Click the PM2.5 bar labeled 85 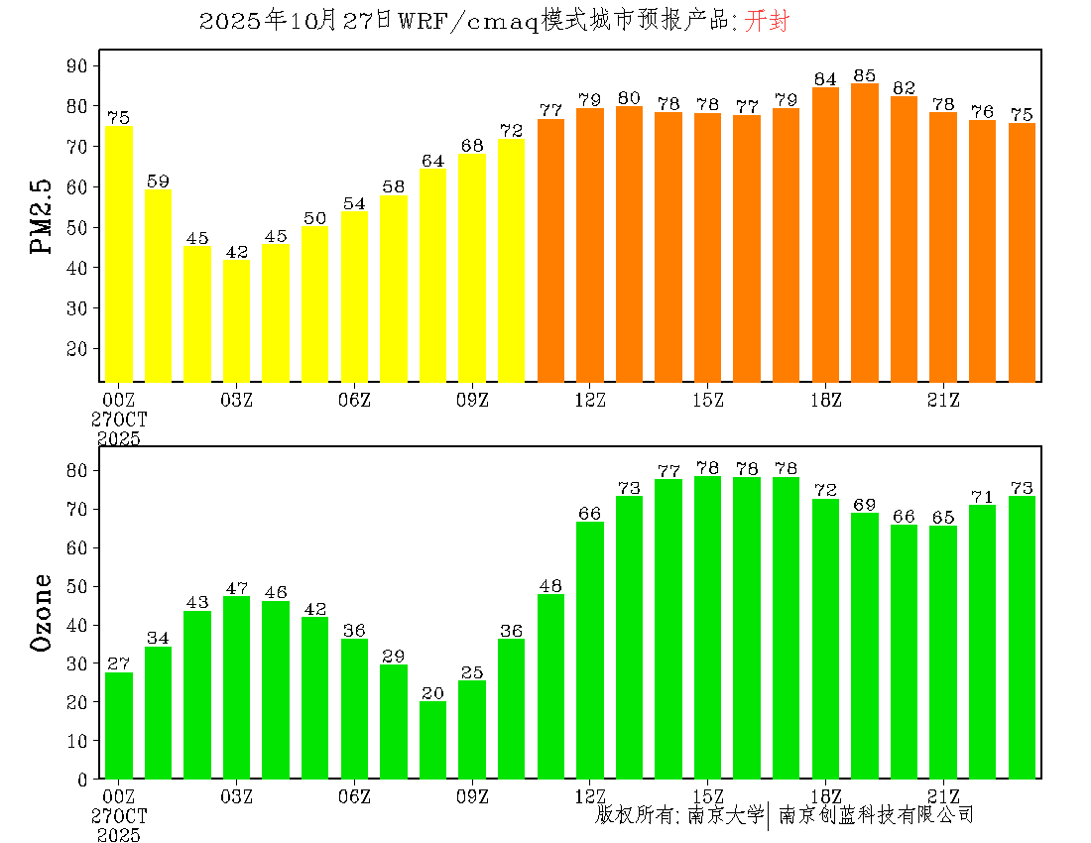pyautogui.click(x=865, y=233)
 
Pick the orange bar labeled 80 pyautogui.click(x=629, y=244)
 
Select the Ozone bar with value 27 pyautogui.click(x=119, y=725)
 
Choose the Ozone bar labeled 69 pyautogui.click(x=865, y=646)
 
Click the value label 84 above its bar pyautogui.click(x=825, y=79)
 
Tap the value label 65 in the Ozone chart pyautogui.click(x=943, y=517)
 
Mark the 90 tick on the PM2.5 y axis pyautogui.click(x=78, y=65)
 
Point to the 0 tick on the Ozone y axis pyautogui.click(x=84, y=780)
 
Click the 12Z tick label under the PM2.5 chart pyautogui.click(x=590, y=400)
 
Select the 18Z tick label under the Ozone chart pyautogui.click(x=825, y=796)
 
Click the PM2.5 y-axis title pyautogui.click(x=43, y=218)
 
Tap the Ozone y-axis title pyautogui.click(x=43, y=612)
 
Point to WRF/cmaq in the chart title pyautogui.click(x=468, y=22)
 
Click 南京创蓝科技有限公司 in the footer pyautogui.click(x=876, y=815)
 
